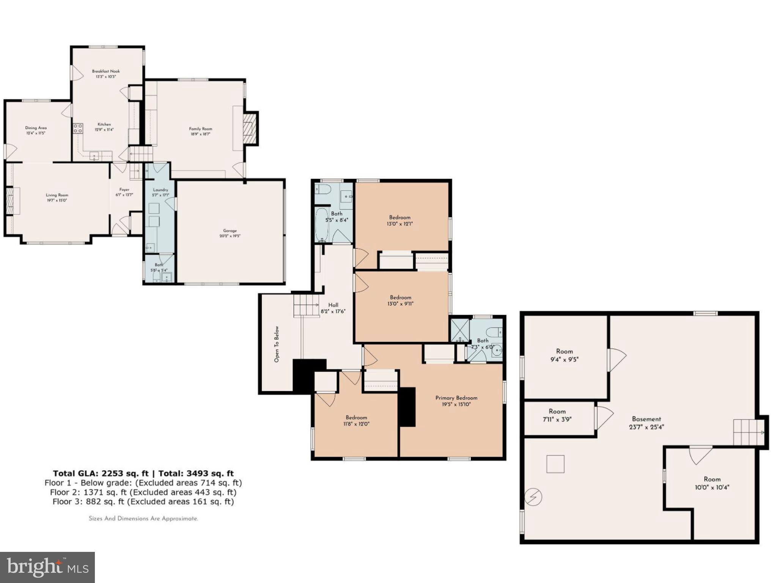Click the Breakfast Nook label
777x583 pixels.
[106, 71]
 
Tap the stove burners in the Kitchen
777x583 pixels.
[78, 128]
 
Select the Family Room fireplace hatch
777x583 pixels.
[249, 128]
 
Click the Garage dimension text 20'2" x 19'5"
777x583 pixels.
[230, 236]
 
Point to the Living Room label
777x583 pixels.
[57, 195]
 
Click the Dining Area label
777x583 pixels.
[36, 128]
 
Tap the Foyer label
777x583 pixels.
[124, 189]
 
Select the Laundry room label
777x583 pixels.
[160, 190]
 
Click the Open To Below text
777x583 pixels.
[277, 344]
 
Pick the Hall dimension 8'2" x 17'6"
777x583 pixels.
[333, 311]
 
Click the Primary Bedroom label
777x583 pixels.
[456, 398]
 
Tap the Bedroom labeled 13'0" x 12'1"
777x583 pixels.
[400, 221]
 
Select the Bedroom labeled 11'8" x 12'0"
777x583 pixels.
[356, 421]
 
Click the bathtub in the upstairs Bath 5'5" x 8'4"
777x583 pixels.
[322, 224]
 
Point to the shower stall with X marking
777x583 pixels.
[459, 330]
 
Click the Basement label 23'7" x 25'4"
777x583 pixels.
[646, 422]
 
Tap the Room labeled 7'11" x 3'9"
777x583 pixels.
[557, 415]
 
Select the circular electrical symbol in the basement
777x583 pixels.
[533, 496]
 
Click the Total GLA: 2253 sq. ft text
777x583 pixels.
[101, 473]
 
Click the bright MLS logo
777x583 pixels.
[47, 567]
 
